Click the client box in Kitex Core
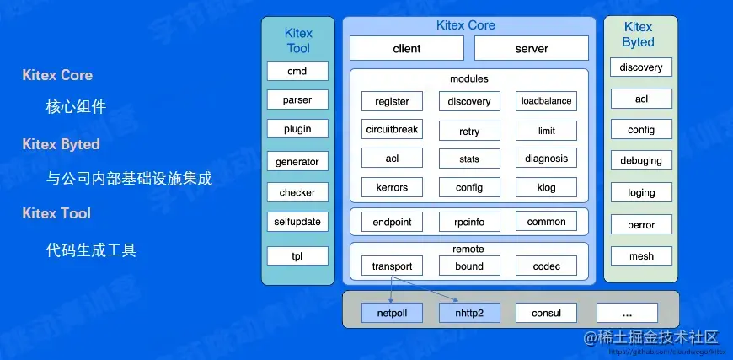coord(407,48)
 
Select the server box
coord(532,48)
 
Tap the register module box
coord(392,101)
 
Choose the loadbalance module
coord(546,101)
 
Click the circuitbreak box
coord(392,130)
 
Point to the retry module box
coord(469,131)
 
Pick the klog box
coord(546,187)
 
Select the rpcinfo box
coord(469,222)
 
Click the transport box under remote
coord(392,266)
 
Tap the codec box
coord(546,266)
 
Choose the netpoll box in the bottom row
coord(392,313)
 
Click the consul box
coord(546,313)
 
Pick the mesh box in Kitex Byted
coord(641,255)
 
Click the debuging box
coord(641,160)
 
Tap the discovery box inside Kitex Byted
coord(641,67)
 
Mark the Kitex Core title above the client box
coord(466,25)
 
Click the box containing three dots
coord(627,313)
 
